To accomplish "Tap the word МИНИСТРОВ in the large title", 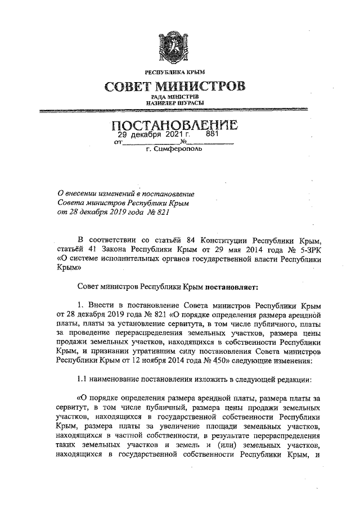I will click(206, 87).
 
